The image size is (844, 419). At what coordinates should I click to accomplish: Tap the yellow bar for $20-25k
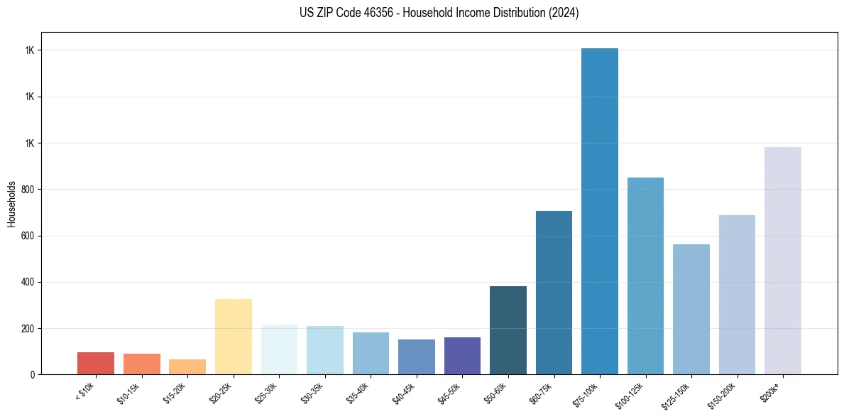point(234,337)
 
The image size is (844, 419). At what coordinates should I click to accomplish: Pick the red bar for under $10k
point(96,363)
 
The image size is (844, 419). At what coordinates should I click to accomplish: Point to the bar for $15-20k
point(187,366)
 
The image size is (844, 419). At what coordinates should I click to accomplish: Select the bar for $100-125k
point(645,276)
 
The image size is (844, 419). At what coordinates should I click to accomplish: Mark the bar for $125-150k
point(691,309)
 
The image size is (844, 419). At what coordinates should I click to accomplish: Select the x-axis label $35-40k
point(358,392)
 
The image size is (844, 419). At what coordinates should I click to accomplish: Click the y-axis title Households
point(11,204)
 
